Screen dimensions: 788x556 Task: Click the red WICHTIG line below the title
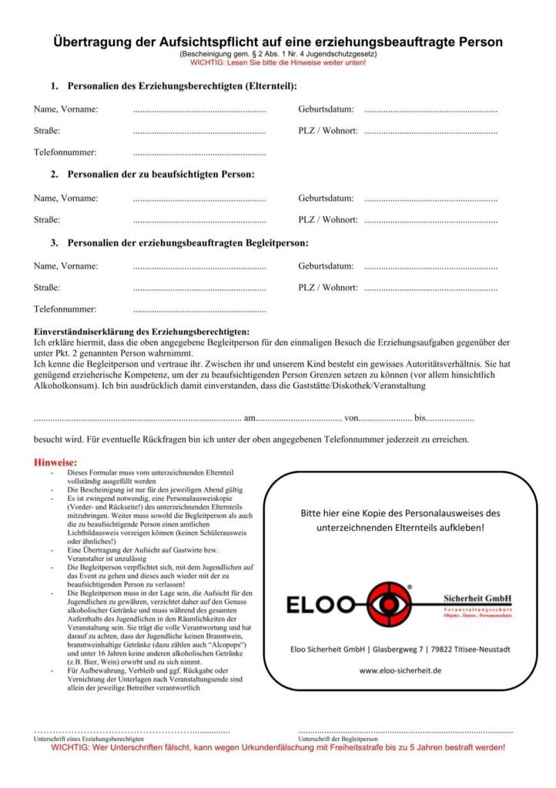tap(277, 62)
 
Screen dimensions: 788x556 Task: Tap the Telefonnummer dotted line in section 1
tap(199, 153)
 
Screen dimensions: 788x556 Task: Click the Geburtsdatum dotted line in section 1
tap(430, 110)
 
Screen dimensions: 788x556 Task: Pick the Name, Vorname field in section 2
tap(199, 199)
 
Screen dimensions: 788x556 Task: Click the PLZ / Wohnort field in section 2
tap(430, 220)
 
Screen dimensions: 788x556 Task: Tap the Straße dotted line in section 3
tap(199, 288)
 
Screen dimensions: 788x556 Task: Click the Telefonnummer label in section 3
tap(65, 309)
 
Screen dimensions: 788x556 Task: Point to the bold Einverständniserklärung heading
tap(146, 330)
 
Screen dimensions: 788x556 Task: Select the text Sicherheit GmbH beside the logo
tap(477, 598)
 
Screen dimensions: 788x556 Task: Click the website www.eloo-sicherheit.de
tap(400, 670)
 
